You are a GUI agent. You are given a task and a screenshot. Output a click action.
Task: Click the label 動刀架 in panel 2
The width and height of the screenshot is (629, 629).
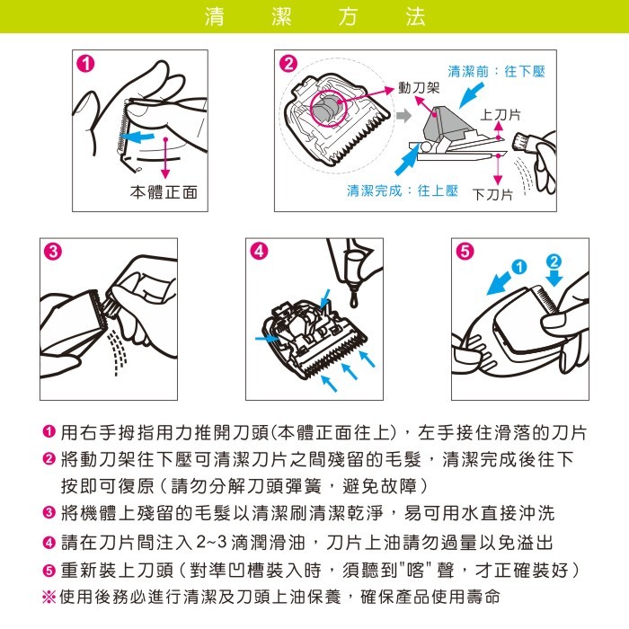419,88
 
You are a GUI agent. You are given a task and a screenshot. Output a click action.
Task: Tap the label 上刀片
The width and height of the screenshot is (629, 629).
501,115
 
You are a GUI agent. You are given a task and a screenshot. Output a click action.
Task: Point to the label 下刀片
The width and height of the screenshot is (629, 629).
492,195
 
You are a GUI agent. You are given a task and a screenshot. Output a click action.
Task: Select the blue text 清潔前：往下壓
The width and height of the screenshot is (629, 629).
496,72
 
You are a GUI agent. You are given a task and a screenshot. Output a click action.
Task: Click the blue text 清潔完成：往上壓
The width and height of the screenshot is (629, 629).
403,190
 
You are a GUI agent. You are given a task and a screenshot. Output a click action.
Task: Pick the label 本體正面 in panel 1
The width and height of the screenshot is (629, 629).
164,192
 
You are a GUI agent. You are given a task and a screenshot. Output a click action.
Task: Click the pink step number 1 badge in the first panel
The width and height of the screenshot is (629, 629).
85,64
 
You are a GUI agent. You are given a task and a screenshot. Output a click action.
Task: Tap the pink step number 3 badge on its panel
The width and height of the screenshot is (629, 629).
53,252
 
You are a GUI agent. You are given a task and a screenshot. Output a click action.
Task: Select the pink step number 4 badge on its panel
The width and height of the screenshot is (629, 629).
259,251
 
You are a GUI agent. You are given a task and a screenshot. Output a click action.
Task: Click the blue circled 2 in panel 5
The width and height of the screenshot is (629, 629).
554,261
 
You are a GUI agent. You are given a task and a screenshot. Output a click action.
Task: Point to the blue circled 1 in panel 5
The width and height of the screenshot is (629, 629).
519,267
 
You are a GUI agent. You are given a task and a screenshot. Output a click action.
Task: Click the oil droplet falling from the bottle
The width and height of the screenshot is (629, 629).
354,299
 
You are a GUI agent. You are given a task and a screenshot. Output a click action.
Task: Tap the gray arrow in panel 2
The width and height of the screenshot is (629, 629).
404,116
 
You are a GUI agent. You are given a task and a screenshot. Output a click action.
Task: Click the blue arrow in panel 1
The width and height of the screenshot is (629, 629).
137,137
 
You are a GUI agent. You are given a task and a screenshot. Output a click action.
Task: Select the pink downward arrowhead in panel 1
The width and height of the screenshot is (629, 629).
165,173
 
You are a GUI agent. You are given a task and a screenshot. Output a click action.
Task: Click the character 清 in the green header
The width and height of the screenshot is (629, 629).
215,17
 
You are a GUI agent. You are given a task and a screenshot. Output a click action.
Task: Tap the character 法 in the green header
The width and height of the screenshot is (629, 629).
415,17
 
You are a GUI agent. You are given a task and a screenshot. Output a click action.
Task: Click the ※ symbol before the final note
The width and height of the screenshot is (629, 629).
49,597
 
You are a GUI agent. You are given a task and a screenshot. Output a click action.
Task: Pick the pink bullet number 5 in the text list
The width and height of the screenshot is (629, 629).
49,570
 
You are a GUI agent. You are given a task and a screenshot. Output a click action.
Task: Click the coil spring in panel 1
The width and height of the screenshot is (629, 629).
122,128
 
